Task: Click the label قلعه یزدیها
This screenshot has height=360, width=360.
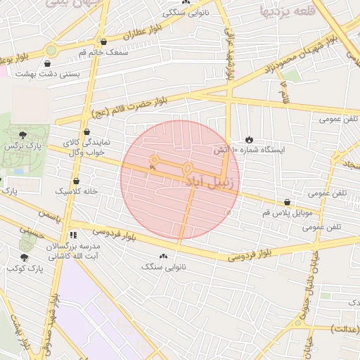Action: tap(285, 11)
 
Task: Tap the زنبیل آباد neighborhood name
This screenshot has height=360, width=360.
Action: tap(212, 181)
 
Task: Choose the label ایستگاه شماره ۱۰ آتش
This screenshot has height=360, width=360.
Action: tap(249, 150)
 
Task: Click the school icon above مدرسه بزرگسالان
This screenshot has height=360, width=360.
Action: tap(72, 236)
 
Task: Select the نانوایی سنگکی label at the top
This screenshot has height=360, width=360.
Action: tap(186, 12)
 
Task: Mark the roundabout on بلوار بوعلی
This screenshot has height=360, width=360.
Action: tap(51, 50)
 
